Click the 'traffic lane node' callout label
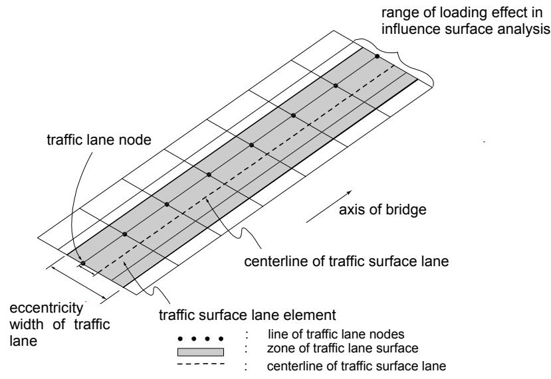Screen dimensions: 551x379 99,139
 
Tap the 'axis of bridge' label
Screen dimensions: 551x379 383,210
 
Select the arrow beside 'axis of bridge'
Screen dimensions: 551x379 329,206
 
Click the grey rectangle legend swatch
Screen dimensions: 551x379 201,352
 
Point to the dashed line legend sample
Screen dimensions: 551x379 201,364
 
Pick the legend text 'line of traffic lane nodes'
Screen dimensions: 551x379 336,334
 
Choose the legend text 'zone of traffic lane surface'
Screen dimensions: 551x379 342,348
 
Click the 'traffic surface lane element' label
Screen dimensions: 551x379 247,315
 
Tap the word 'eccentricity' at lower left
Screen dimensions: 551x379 47,308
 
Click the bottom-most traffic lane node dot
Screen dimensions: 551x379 83,263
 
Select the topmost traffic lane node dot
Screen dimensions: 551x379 377,56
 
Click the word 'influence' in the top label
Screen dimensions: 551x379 411,29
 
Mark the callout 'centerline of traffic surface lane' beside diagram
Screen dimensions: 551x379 346,261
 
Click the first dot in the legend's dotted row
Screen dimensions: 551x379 180,339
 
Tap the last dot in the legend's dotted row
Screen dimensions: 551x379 221,339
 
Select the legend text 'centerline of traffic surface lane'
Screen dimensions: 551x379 356,366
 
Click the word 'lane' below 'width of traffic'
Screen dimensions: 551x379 23,341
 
